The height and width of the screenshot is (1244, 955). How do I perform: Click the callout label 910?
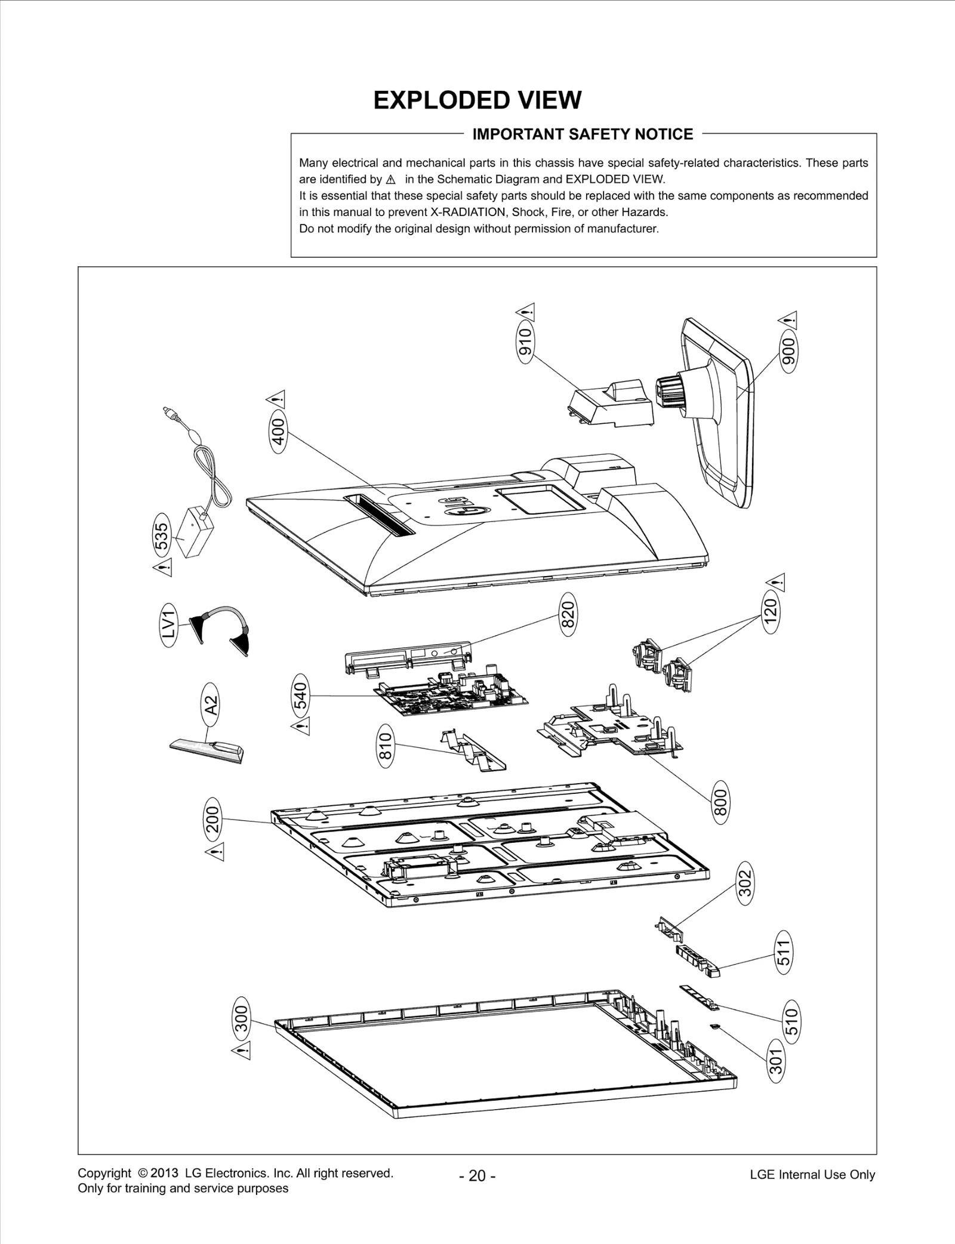(x=526, y=343)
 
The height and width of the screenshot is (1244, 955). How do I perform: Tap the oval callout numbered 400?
(x=278, y=430)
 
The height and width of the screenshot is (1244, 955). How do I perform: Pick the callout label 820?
(x=568, y=614)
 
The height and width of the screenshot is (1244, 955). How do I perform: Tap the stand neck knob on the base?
(x=671, y=390)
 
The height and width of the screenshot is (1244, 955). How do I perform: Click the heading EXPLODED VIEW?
(x=477, y=100)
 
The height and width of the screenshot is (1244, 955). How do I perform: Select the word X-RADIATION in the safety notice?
(x=465, y=212)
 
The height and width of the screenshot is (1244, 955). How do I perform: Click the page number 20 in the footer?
(x=477, y=1176)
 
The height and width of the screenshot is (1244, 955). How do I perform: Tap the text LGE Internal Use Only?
(x=812, y=1175)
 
